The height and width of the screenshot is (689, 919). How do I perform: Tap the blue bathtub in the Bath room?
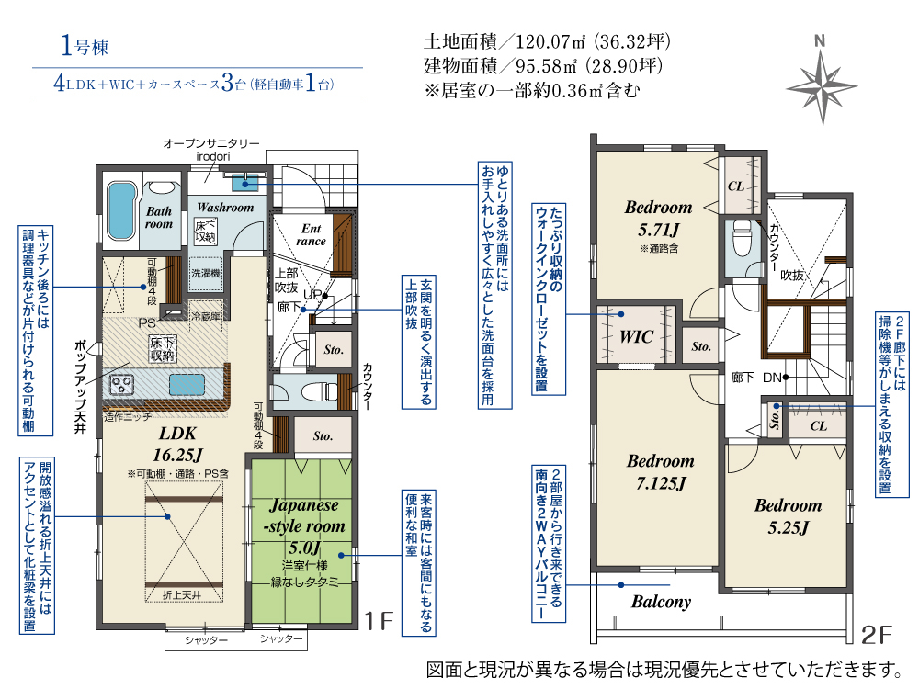[121, 210]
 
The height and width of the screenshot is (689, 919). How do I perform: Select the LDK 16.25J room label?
[177, 444]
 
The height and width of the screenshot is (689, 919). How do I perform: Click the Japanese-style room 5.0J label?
[304, 526]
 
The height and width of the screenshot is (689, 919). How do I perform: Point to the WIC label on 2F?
[637, 337]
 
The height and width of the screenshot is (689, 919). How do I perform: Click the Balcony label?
[661, 603]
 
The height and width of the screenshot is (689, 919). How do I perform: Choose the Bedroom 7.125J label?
[661, 472]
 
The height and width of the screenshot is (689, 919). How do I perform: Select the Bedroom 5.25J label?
[789, 516]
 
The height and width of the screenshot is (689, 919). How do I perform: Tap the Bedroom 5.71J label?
[658, 218]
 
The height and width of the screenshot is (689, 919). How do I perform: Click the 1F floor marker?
[379, 620]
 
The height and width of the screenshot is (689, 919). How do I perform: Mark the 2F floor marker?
[876, 635]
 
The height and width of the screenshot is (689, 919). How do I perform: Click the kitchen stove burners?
[122, 385]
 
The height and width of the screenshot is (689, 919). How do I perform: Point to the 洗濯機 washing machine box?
[206, 274]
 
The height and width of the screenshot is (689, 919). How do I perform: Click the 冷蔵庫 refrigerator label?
[207, 317]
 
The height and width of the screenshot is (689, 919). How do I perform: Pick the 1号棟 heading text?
[85, 46]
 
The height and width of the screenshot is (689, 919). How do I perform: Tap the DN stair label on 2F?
[772, 378]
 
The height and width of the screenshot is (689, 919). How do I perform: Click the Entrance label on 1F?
[311, 234]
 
